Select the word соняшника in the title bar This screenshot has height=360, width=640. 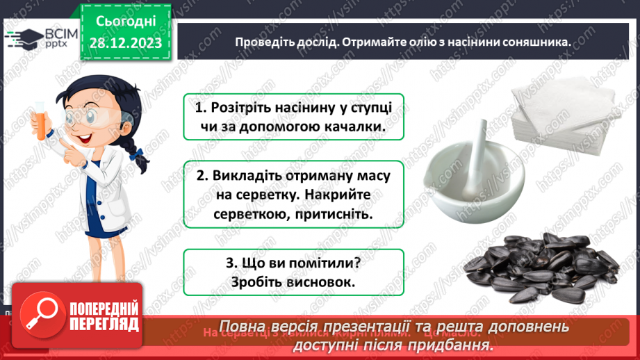coord(535,42)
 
